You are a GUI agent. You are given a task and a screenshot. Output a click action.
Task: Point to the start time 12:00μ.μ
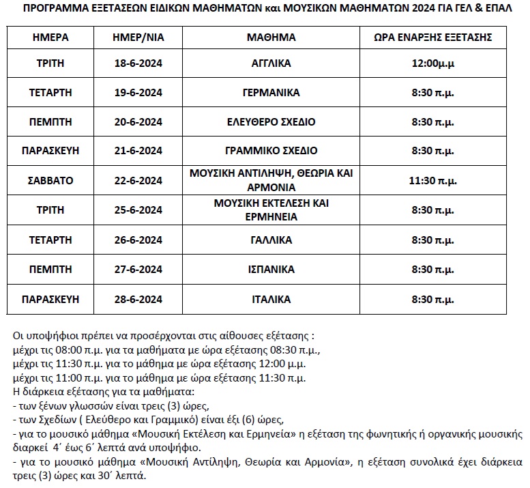coord(433,63)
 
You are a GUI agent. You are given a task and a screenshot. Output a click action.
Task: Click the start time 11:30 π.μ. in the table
coord(433,180)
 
